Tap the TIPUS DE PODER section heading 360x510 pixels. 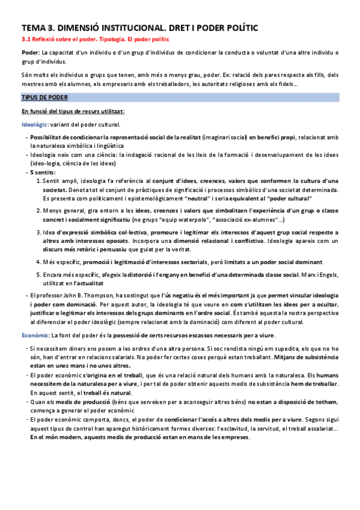[44, 97]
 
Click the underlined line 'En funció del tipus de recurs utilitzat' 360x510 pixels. [73, 111]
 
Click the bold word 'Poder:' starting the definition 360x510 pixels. [31, 53]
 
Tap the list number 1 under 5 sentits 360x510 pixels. [39, 181]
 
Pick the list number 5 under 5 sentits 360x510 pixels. [39, 274]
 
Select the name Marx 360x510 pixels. [313, 274]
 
